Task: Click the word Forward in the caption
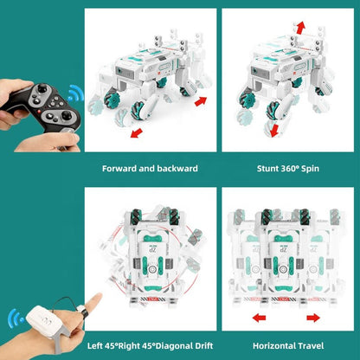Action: coord(119,168)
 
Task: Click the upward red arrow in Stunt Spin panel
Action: coord(299,29)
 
